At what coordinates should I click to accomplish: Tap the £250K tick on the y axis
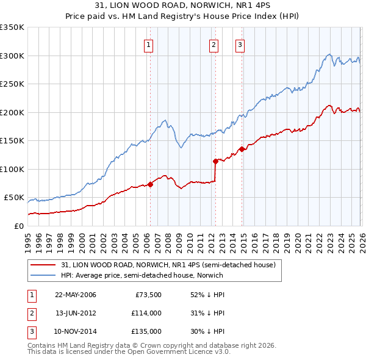click(12, 84)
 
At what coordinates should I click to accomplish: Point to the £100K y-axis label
click(12, 169)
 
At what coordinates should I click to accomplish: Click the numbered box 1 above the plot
click(149, 44)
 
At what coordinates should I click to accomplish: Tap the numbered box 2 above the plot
click(213, 44)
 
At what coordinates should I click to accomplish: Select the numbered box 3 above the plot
click(240, 44)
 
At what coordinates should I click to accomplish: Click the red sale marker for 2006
click(150, 184)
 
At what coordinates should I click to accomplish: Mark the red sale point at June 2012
click(215, 161)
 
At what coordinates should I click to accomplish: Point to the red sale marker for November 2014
click(242, 149)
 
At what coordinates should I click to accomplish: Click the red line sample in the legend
click(43, 265)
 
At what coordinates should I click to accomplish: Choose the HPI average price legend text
click(142, 275)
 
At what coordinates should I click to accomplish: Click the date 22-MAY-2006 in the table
click(76, 295)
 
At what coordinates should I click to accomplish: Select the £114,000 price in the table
click(146, 313)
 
